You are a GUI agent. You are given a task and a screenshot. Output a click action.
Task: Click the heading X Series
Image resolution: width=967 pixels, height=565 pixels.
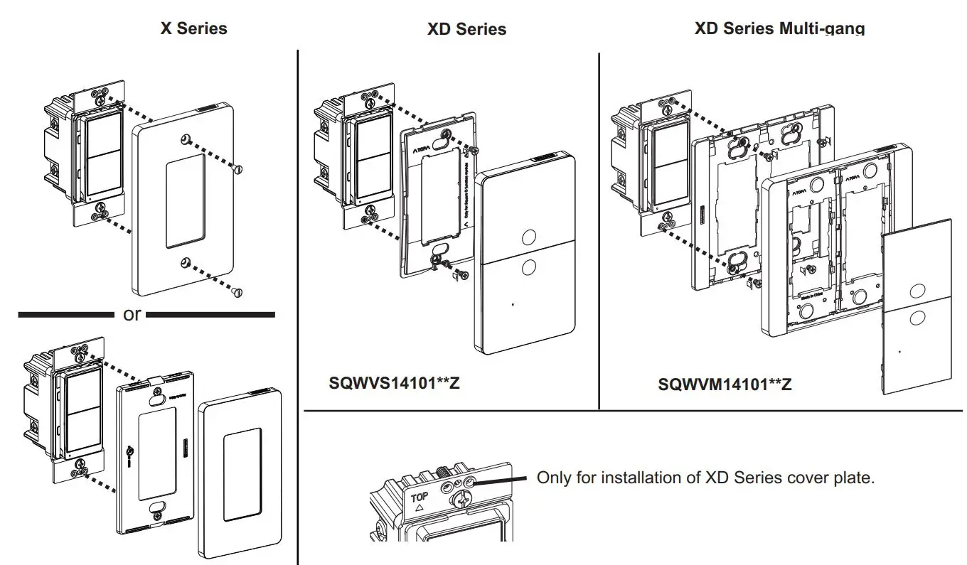[193, 28]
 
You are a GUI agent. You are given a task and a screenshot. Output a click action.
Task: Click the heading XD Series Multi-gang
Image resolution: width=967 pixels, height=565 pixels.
[779, 28]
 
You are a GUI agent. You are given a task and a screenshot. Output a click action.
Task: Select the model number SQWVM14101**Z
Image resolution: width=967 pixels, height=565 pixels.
[725, 384]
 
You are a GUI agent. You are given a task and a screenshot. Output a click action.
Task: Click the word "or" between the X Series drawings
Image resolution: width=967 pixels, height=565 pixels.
[132, 314]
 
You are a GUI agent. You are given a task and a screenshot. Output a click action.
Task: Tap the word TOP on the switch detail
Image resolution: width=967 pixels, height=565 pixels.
[420, 497]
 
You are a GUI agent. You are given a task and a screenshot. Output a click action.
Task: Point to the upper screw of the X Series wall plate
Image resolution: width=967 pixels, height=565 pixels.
[237, 168]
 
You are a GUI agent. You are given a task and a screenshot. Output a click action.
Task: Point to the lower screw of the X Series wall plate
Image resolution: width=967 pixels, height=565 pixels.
[238, 291]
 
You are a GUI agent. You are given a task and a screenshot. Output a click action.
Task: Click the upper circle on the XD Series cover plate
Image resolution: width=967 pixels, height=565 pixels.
[528, 237]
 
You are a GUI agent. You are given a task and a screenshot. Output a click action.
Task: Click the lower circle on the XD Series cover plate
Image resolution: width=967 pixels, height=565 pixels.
[528, 268]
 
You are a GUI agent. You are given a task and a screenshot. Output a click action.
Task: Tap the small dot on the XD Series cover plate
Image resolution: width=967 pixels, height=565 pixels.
[513, 304]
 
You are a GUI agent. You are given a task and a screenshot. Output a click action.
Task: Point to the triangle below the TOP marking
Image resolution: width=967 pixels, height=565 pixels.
[419, 509]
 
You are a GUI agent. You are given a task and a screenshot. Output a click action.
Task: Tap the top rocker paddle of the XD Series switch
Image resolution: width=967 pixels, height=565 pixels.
[372, 140]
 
